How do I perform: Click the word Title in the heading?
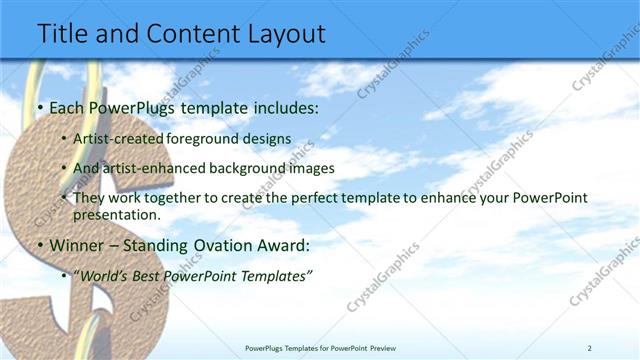[x=64, y=33]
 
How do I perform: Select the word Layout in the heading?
[x=280, y=33]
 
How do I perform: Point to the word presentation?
[x=116, y=215]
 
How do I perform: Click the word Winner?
[x=78, y=246]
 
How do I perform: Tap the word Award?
[x=282, y=246]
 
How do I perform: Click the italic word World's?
[x=106, y=276]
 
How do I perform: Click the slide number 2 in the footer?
[x=590, y=348]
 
